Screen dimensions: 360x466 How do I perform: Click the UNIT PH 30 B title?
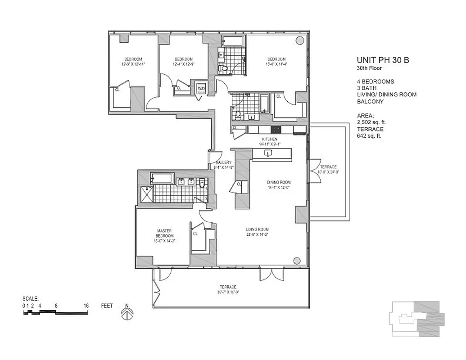point(383,60)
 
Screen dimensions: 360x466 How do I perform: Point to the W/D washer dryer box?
point(201,88)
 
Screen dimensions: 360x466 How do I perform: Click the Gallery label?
point(223,165)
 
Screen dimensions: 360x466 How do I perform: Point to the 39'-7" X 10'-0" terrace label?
point(228,289)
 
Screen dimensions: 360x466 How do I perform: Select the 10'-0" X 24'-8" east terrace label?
point(328,169)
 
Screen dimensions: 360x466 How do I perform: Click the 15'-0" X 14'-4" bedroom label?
point(276,62)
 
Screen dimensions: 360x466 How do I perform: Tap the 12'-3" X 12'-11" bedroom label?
point(133,62)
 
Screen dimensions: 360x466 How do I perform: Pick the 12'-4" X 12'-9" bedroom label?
point(184,62)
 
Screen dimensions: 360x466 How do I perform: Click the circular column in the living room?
point(296,260)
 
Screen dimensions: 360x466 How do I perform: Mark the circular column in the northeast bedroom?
point(299,40)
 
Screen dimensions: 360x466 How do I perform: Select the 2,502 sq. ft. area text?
point(371,122)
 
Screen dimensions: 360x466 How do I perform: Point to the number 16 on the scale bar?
point(86,306)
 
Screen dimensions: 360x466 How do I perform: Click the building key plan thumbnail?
point(416,319)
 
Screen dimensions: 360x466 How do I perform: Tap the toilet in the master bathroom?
point(202,182)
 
